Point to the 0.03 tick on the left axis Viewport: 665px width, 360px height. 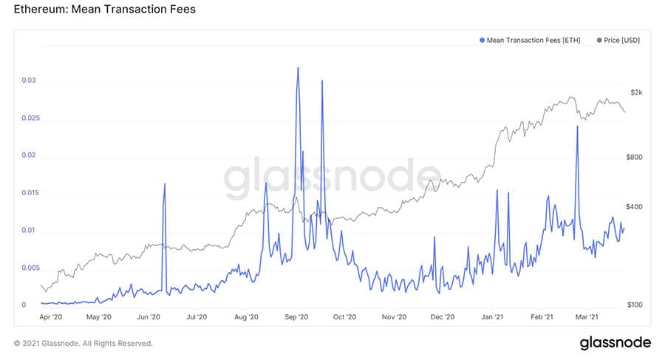pyautogui.click(x=28, y=80)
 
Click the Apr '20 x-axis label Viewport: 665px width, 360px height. pyautogui.click(x=50, y=317)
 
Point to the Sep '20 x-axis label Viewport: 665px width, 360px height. pyautogui.click(x=296, y=317)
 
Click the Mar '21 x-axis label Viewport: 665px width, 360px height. pyautogui.click(x=586, y=317)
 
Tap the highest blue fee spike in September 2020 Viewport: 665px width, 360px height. pyautogui.click(x=298, y=68)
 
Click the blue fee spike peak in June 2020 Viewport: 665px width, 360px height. pyautogui.click(x=164, y=184)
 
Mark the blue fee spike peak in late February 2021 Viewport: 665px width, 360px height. pyautogui.click(x=576, y=126)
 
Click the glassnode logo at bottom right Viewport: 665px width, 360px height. pyautogui.click(x=615, y=342)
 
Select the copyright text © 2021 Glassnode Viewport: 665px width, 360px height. pyautogui.click(x=83, y=344)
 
